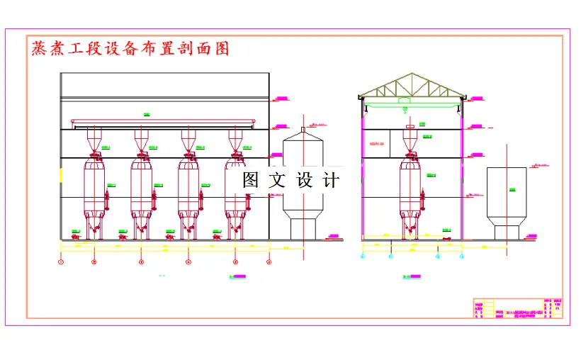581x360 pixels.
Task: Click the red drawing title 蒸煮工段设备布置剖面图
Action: [130, 49]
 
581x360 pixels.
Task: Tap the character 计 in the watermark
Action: [331, 180]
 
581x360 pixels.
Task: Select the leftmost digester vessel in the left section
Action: [94, 188]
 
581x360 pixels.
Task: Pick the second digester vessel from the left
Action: [141, 188]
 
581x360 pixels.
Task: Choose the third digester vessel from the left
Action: [188, 188]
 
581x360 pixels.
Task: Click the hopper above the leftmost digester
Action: [94, 138]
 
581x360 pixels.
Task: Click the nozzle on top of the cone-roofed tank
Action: [303, 130]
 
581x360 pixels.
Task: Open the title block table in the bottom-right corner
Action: [519, 308]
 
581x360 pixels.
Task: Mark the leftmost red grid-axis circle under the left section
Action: [61, 262]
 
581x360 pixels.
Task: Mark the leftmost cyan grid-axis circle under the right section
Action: [363, 257]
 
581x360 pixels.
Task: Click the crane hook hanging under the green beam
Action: [404, 109]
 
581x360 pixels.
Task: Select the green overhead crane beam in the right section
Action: [412, 102]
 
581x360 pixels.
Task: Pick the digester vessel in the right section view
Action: [410, 188]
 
